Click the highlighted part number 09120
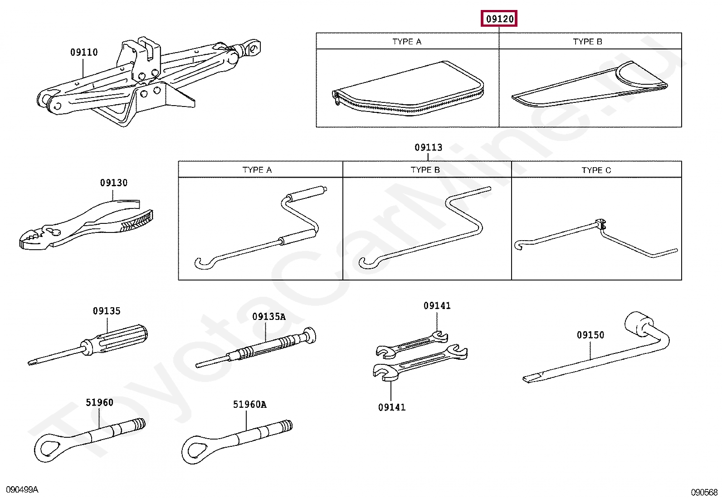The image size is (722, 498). (x=499, y=19)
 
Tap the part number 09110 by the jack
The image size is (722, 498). (x=84, y=53)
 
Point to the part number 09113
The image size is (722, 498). (x=428, y=147)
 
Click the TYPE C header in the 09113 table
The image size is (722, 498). (x=596, y=170)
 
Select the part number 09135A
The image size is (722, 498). (x=269, y=317)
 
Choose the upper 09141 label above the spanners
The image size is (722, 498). (x=437, y=306)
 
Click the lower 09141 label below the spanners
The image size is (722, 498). (x=392, y=407)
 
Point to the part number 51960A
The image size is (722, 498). (x=249, y=405)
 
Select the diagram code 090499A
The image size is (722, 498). (x=22, y=490)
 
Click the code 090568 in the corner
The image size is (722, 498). (x=704, y=492)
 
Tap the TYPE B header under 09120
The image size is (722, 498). (x=587, y=42)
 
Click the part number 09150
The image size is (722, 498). (x=590, y=335)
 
